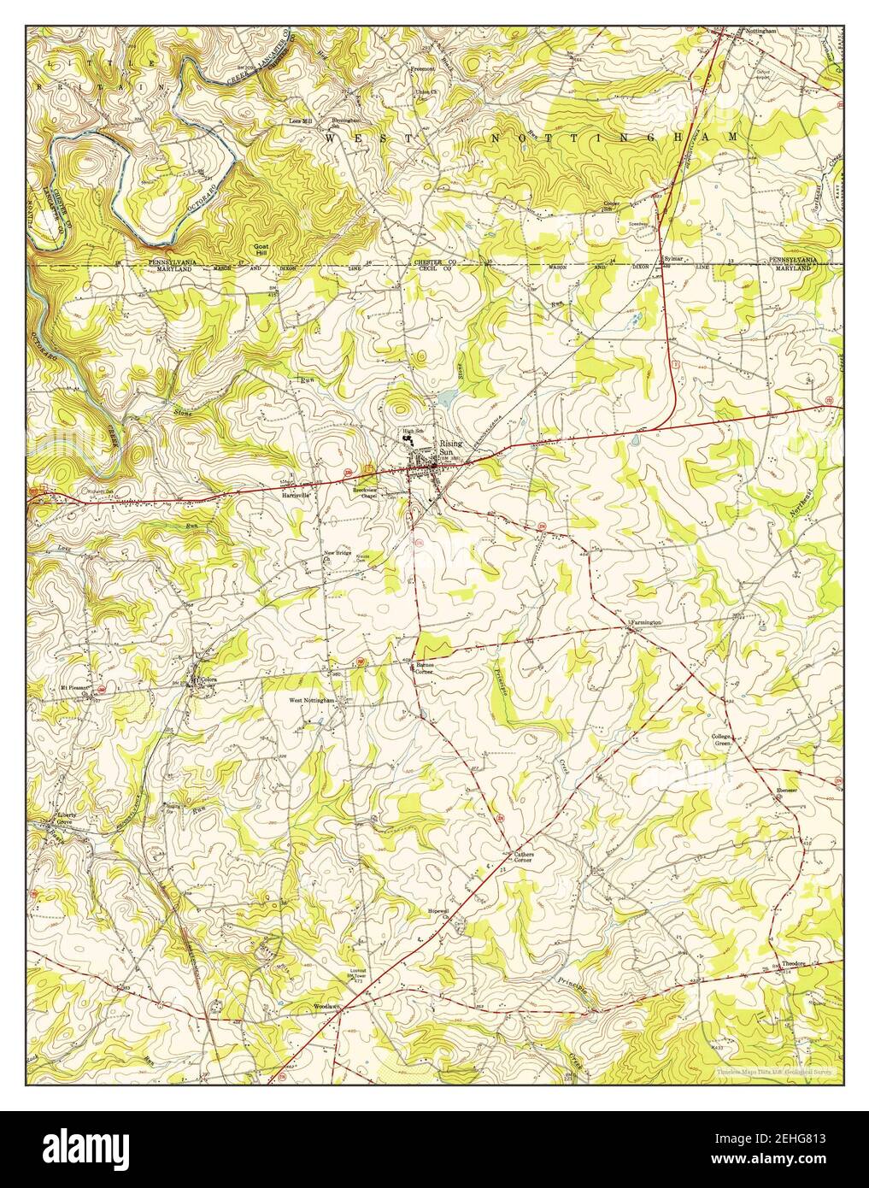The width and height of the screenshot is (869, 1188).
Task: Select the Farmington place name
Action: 647,622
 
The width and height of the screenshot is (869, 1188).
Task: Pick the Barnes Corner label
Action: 425,668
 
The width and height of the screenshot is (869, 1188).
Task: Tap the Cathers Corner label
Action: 524,856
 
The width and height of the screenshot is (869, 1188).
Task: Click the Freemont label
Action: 424,68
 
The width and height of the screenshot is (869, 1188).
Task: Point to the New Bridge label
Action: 338,555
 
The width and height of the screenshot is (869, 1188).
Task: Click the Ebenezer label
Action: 787,791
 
